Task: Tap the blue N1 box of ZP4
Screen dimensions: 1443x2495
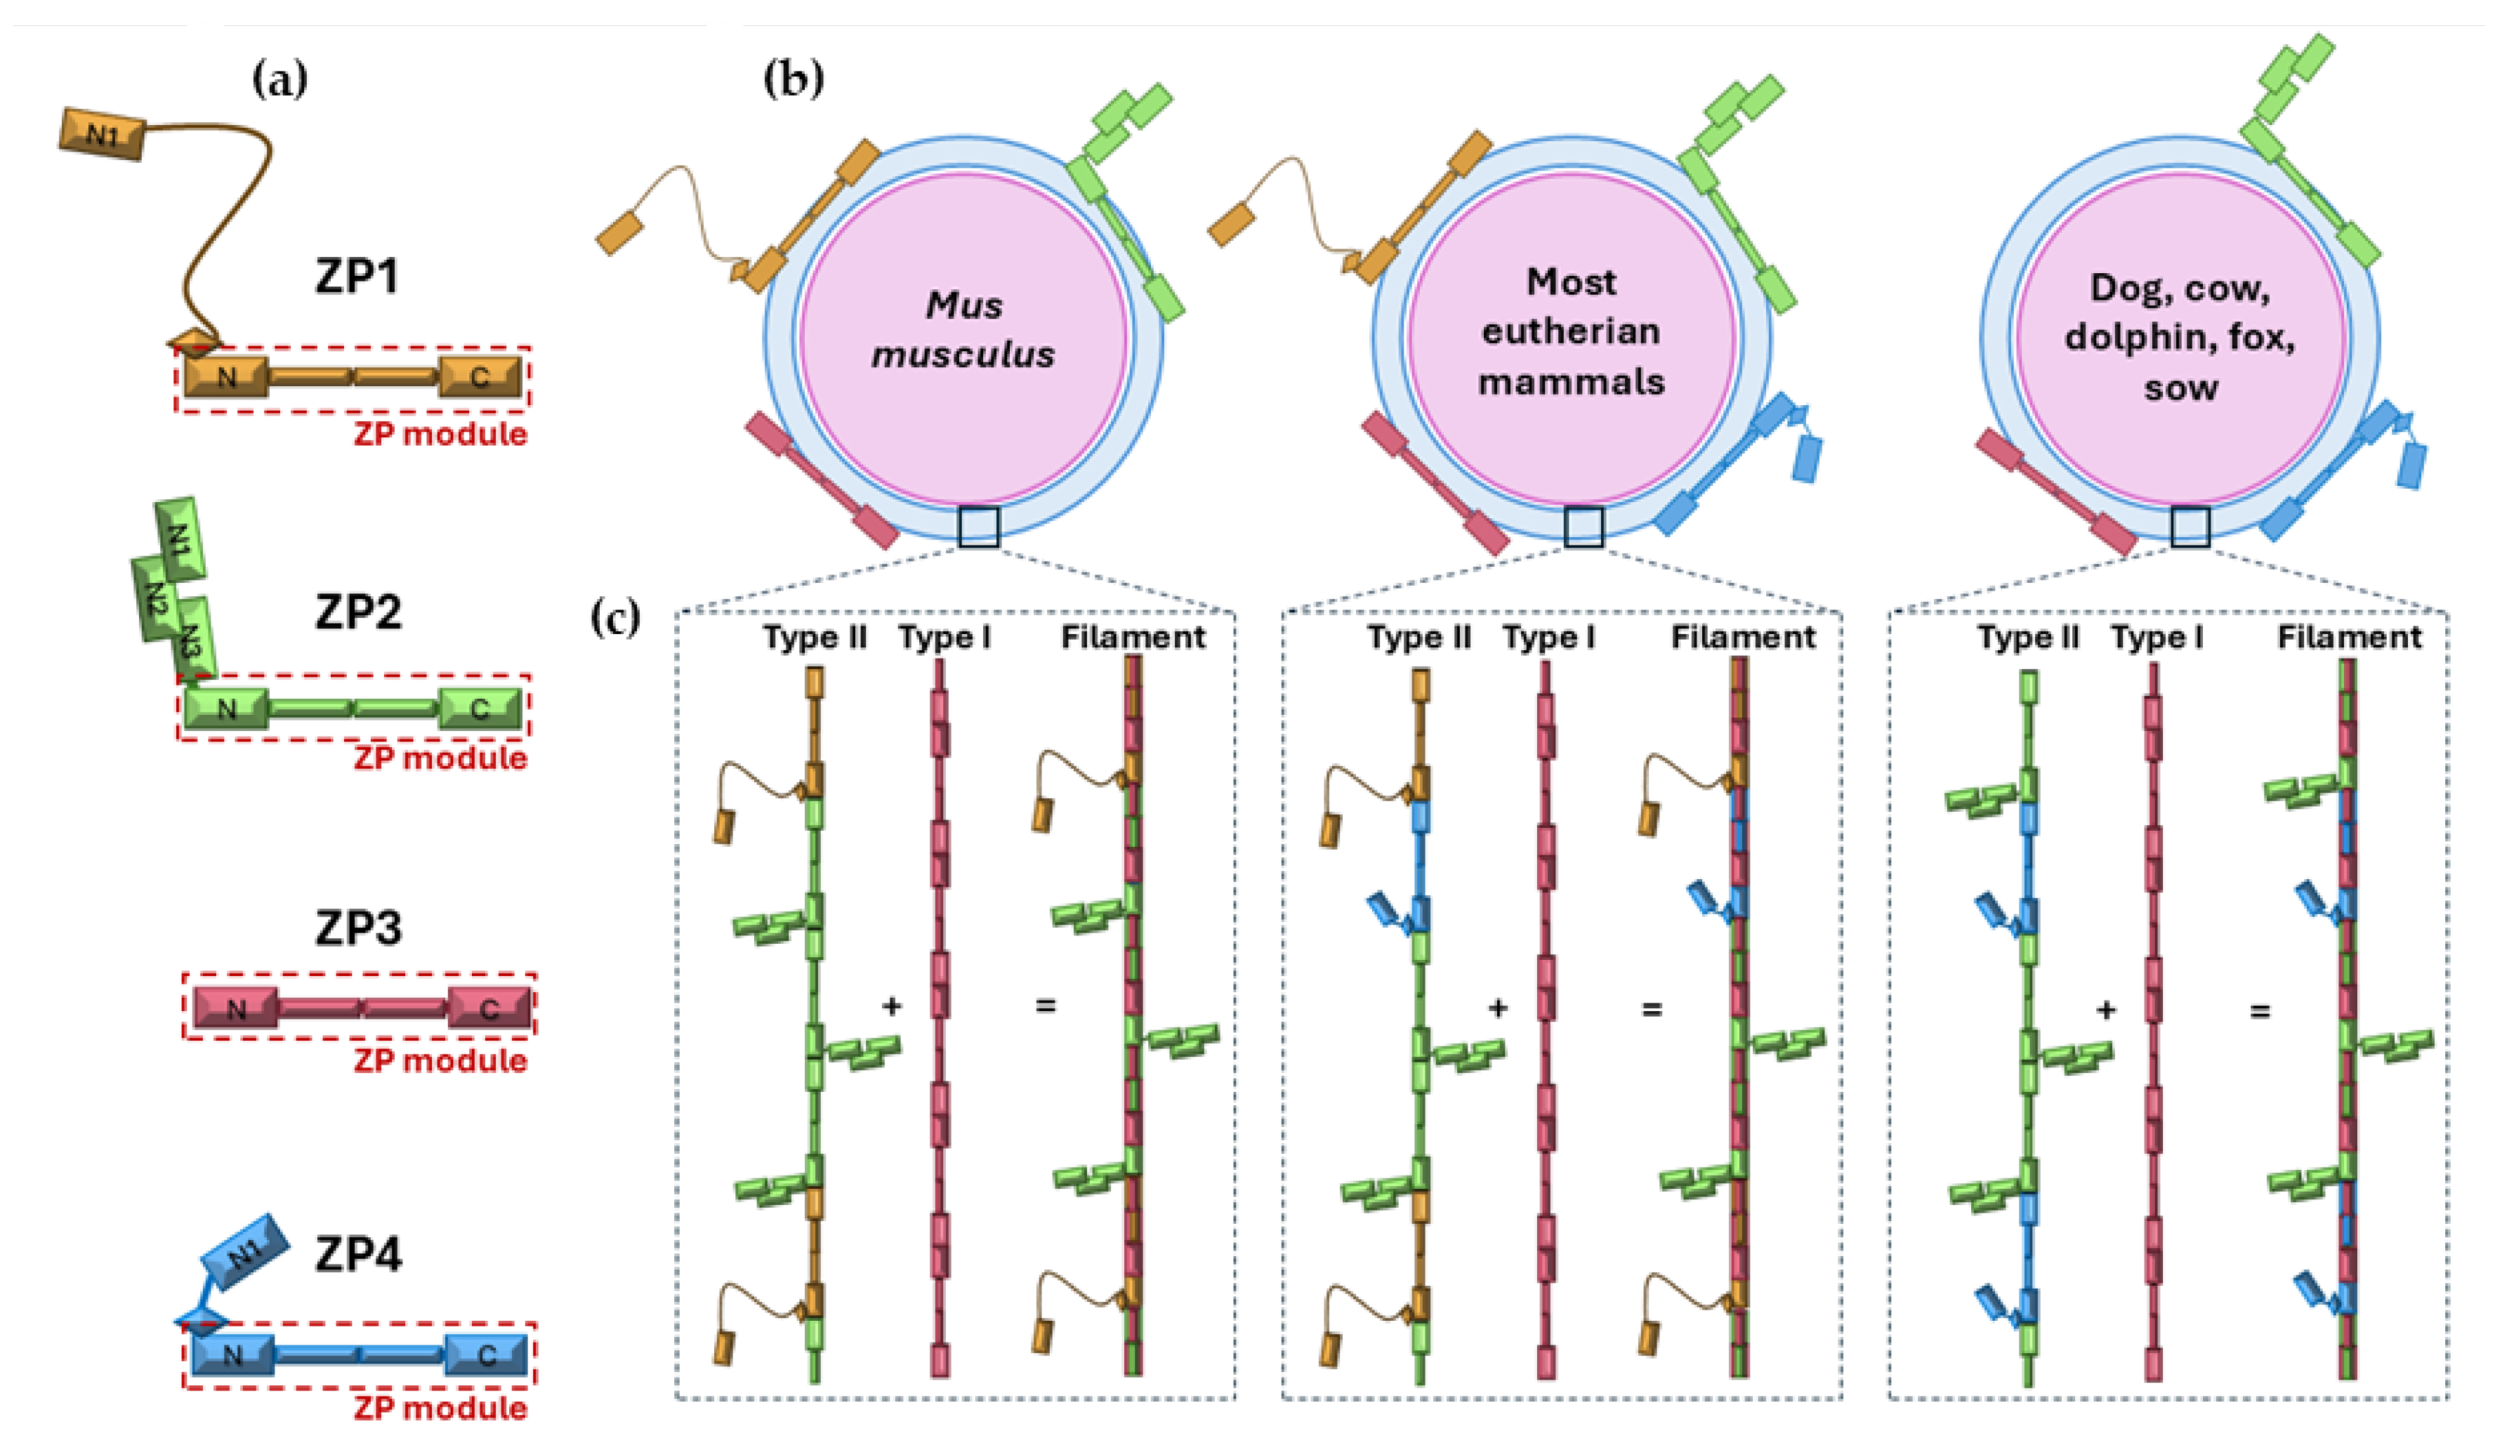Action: point(244,1253)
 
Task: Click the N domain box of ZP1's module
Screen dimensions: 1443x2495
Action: point(227,376)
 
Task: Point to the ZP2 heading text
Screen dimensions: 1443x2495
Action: point(358,612)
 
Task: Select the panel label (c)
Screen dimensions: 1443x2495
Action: point(615,619)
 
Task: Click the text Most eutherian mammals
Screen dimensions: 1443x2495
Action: point(1572,331)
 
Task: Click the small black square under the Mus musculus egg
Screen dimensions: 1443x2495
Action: point(978,527)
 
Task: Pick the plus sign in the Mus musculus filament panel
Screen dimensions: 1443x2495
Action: point(891,1006)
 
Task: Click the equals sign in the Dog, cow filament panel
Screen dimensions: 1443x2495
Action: point(2259,1010)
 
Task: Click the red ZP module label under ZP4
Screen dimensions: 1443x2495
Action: point(440,1406)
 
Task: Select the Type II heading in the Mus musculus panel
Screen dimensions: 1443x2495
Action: point(814,636)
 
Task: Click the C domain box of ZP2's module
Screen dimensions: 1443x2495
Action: point(480,709)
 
